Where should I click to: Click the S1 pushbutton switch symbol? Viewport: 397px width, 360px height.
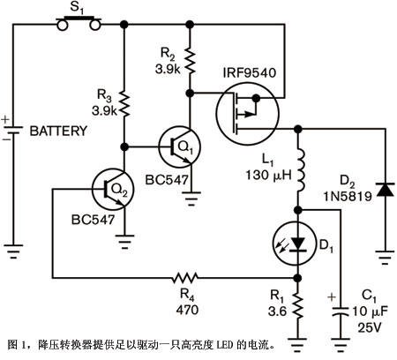(79, 24)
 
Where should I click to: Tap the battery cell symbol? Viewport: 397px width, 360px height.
(13, 130)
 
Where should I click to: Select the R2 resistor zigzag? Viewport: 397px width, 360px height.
(190, 62)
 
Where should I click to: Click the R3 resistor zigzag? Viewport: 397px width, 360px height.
(124, 104)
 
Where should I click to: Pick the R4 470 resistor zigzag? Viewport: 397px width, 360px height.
(185, 277)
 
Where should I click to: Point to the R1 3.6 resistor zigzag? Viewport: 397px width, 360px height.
(298, 306)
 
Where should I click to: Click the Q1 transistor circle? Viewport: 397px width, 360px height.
(180, 147)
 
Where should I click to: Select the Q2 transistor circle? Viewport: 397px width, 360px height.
(113, 189)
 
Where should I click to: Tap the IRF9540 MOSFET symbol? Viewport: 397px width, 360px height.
(247, 113)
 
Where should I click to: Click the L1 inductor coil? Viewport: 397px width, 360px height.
(300, 170)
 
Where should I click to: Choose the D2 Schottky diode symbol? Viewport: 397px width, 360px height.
(386, 190)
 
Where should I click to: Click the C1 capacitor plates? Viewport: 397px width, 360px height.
(341, 312)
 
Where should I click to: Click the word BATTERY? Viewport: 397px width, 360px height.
(58, 131)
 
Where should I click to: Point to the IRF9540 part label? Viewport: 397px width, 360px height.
(250, 72)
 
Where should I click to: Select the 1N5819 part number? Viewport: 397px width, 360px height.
(348, 196)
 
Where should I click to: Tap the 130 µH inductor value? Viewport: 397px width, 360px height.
(269, 175)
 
